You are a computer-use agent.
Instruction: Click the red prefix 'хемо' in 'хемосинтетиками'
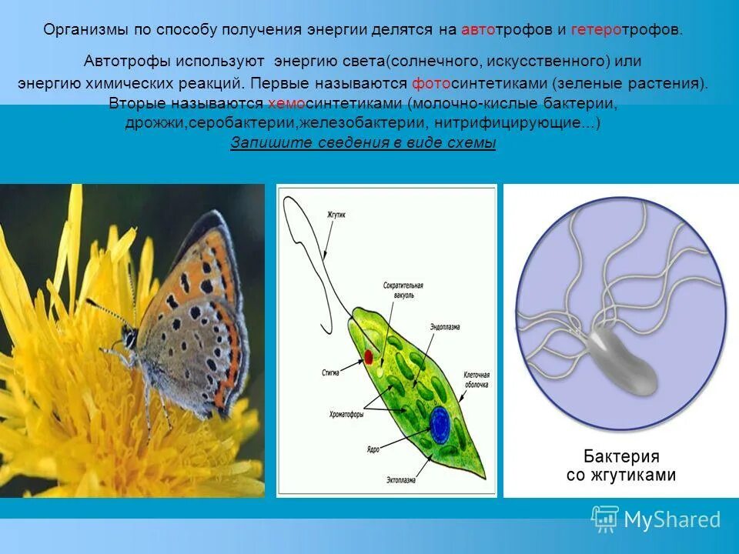(x=283, y=104)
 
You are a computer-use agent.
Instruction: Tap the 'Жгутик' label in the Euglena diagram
(x=336, y=217)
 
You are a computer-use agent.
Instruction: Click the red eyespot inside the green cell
(x=368, y=357)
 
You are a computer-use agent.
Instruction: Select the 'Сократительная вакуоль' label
(x=400, y=290)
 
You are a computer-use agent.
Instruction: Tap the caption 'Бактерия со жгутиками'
(x=620, y=465)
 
